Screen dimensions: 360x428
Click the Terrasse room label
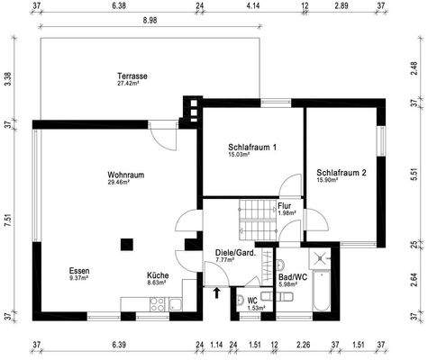point(132,76)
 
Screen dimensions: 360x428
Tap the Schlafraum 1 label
point(252,147)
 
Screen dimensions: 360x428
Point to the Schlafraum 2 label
point(341,173)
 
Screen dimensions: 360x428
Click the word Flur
point(286,205)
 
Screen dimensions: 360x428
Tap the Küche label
point(159,276)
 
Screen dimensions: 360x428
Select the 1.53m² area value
point(255,308)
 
